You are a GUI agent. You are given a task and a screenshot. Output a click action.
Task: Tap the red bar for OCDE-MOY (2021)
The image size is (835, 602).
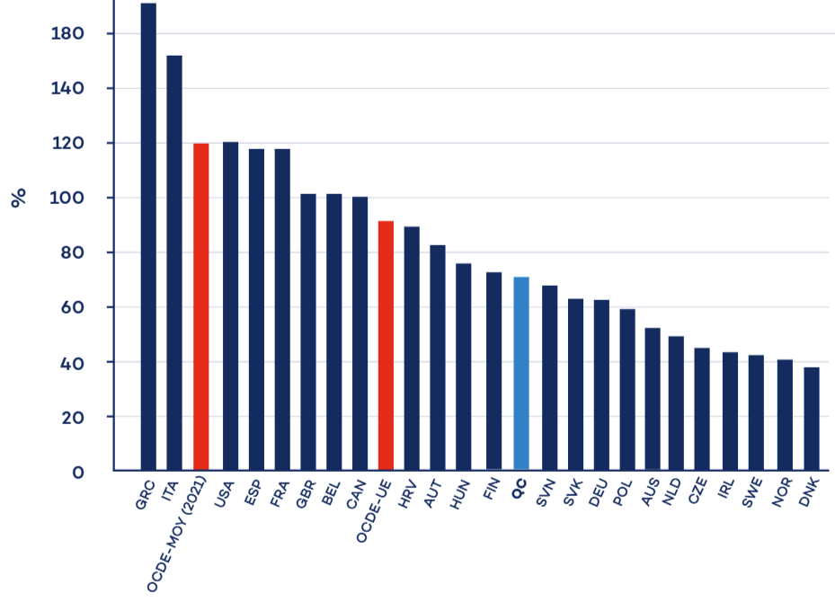click(x=201, y=306)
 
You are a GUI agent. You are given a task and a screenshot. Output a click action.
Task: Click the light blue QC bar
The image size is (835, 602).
click(x=521, y=373)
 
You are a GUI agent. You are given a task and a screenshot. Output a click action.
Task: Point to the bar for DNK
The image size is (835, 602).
click(x=812, y=418)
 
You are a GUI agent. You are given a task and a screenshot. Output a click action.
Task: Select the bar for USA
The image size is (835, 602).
click(x=230, y=305)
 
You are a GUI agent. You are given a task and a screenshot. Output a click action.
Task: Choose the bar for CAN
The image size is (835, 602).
click(x=360, y=332)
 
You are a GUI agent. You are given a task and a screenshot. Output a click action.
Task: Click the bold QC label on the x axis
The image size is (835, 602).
click(x=519, y=491)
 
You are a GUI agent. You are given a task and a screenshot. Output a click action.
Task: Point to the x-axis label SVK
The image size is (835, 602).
click(x=572, y=495)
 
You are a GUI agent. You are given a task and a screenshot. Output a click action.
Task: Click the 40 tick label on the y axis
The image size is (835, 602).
click(x=70, y=363)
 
